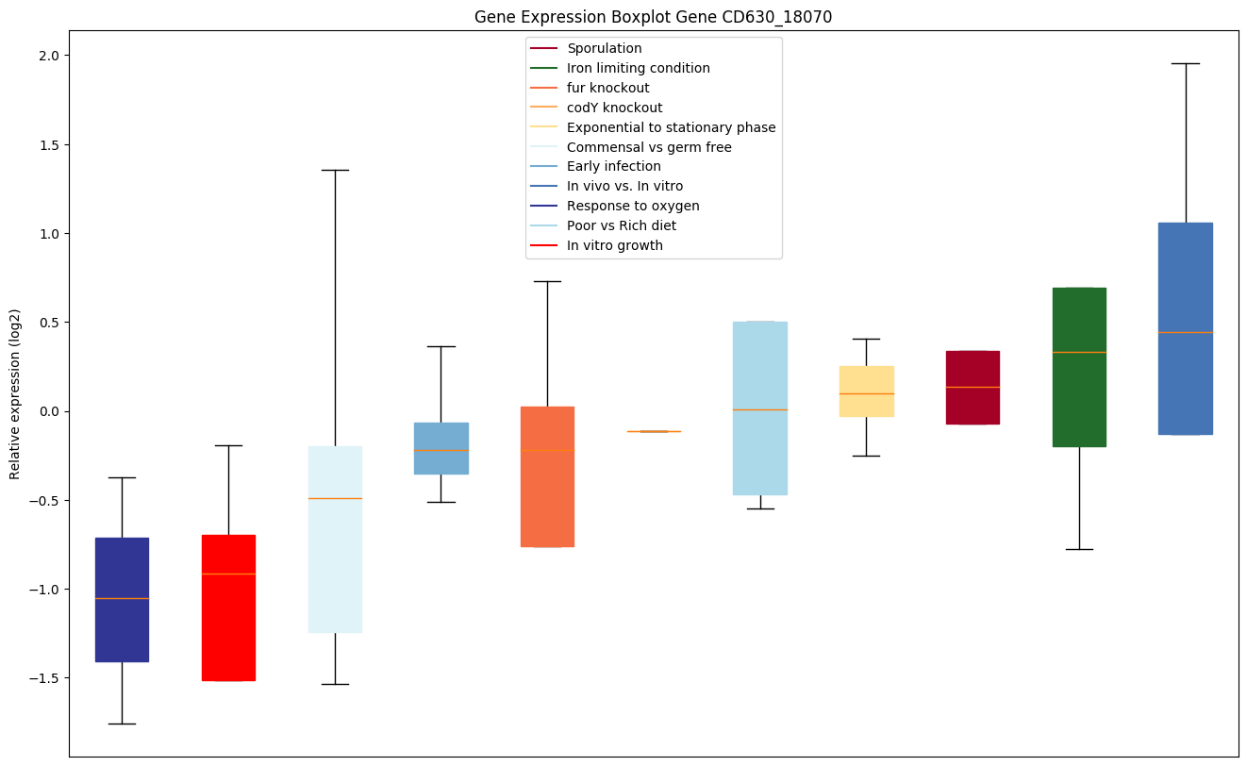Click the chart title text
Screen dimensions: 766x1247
[653, 17]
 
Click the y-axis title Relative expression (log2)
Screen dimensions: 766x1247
[14, 393]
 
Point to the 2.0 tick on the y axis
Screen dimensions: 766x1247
[48, 56]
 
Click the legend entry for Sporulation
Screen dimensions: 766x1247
[604, 48]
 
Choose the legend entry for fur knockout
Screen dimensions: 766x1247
[607, 88]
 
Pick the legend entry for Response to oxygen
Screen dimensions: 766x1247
[633, 206]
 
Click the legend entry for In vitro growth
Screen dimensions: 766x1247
[614, 245]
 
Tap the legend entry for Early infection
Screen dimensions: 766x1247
[613, 166]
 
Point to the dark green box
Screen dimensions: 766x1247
[1079, 367]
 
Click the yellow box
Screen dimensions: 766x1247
[866, 391]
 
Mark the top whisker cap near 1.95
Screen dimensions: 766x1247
[1185, 63]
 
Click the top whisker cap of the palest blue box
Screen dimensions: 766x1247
[335, 170]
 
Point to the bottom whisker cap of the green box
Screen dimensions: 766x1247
[1079, 549]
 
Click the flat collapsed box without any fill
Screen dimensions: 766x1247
[654, 431]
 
